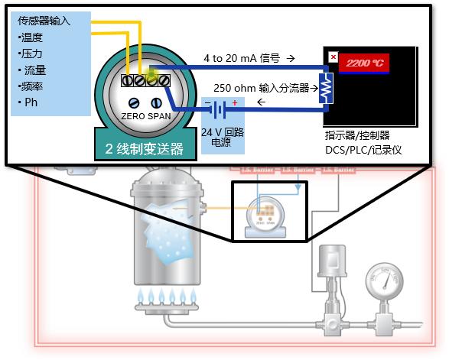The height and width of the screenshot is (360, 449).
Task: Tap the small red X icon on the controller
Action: [333, 57]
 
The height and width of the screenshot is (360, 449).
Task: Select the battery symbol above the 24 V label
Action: [218, 109]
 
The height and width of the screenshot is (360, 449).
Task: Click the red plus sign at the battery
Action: [234, 102]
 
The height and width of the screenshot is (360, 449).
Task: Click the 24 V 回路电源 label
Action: [221, 137]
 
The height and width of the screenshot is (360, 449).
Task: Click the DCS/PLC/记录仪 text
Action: [363, 150]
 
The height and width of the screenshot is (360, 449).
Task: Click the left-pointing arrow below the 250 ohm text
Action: [262, 102]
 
